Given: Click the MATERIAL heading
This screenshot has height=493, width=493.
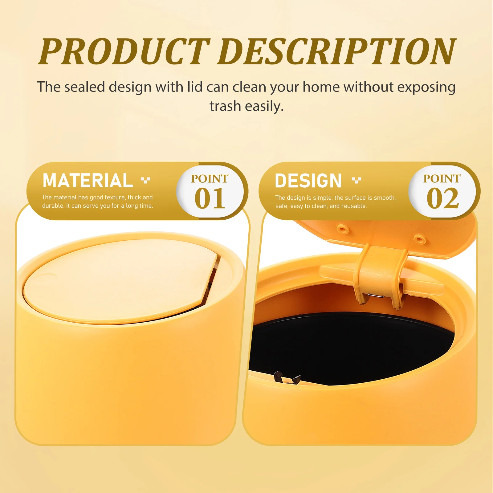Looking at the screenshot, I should coord(88,181).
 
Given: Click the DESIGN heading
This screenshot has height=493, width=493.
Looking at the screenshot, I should coord(308,181).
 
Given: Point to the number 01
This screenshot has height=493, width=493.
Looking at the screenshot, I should coord(210,199).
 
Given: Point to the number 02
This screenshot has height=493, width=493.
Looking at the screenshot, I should coord(442,199).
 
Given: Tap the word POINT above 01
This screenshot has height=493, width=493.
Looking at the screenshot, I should coord(210,179).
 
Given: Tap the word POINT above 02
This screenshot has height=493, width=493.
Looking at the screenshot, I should coord(442,179).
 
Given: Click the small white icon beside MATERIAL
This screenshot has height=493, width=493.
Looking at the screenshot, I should coord(145,180).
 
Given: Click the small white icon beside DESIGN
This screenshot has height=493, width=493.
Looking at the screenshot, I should coord(357,180).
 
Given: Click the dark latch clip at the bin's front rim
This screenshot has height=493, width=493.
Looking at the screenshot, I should coord(287,377).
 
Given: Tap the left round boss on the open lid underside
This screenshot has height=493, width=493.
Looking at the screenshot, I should coord(343,229).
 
